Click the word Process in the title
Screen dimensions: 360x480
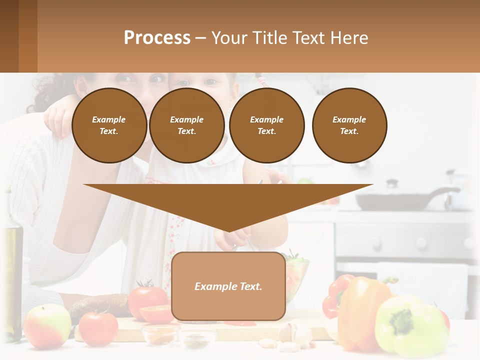click(x=157, y=37)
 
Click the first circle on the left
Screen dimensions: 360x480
click(x=109, y=125)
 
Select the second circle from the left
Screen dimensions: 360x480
click(x=186, y=125)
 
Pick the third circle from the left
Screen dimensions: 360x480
click(x=266, y=125)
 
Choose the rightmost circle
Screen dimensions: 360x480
click(x=349, y=125)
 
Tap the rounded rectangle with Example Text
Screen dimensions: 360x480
click(x=228, y=286)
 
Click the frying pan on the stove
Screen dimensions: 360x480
click(x=395, y=200)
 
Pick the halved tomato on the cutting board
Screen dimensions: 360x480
click(x=156, y=314)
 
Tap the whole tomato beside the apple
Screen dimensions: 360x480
click(x=98, y=327)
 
